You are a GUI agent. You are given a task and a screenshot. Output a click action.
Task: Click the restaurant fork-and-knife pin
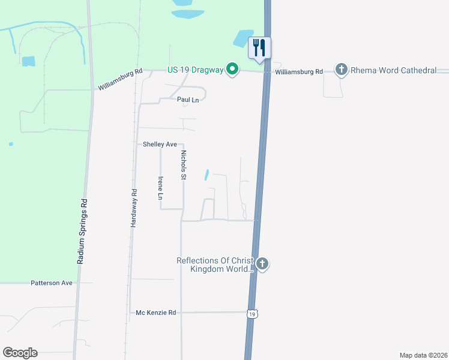point(259,48)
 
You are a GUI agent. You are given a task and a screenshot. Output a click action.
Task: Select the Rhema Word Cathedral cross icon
point(342,70)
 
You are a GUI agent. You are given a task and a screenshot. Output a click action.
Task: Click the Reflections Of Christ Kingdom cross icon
point(262,264)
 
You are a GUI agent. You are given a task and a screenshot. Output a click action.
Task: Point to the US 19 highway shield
point(253,314)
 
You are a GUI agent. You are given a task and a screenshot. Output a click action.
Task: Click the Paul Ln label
point(187,100)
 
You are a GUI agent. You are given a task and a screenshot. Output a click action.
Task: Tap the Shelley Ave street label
point(160,145)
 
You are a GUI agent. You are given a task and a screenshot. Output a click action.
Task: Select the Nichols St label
point(184,164)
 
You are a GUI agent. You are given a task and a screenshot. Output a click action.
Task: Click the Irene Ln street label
point(160,188)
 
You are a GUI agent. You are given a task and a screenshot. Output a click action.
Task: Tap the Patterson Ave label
point(52,283)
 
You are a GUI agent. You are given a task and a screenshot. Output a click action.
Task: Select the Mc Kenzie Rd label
point(155,313)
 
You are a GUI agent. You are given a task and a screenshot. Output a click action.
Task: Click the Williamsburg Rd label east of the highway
point(299,72)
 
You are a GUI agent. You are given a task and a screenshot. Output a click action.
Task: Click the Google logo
point(20,353)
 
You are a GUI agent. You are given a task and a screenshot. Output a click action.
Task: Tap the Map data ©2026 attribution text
point(423,355)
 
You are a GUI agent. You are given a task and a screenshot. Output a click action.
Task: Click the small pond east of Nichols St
point(206,175)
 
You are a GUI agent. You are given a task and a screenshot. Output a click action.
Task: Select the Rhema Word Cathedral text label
point(394,71)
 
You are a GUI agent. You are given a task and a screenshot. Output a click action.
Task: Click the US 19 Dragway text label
point(196,70)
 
